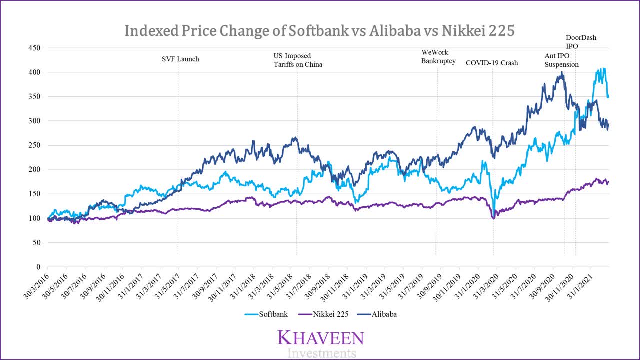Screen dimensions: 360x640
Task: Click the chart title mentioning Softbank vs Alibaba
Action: pos(319,30)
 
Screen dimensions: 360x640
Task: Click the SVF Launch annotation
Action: pos(180,59)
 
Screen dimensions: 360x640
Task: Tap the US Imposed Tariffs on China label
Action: pos(298,60)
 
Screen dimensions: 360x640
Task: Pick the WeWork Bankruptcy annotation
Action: pos(438,56)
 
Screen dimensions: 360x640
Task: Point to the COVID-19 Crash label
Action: pos(492,63)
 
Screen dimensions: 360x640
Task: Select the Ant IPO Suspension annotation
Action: pos(561,60)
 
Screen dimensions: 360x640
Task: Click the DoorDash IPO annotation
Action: pos(581,41)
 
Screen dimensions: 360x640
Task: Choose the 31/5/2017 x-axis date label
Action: pos(166,286)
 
